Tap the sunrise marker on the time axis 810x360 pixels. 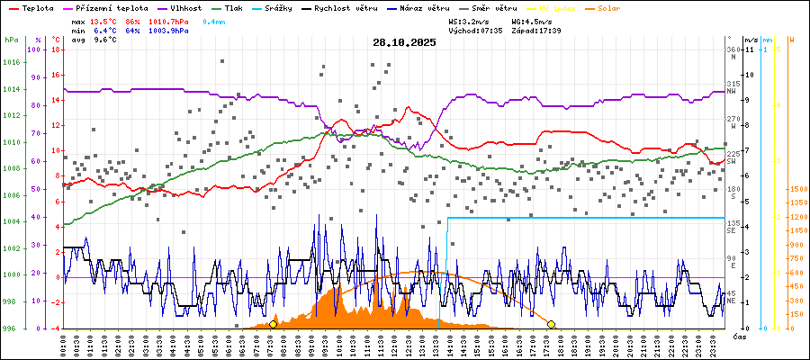(x=273, y=324)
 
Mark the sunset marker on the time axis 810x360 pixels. (x=552, y=324)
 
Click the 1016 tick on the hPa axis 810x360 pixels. (x=11, y=62)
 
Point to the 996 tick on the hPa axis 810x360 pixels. (x=11, y=328)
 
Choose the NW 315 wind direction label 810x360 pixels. (x=733, y=86)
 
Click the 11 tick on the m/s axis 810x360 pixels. (x=749, y=49)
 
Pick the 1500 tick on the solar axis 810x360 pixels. (x=796, y=190)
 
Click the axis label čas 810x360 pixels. (x=738, y=336)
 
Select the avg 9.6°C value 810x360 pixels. (x=104, y=40)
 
